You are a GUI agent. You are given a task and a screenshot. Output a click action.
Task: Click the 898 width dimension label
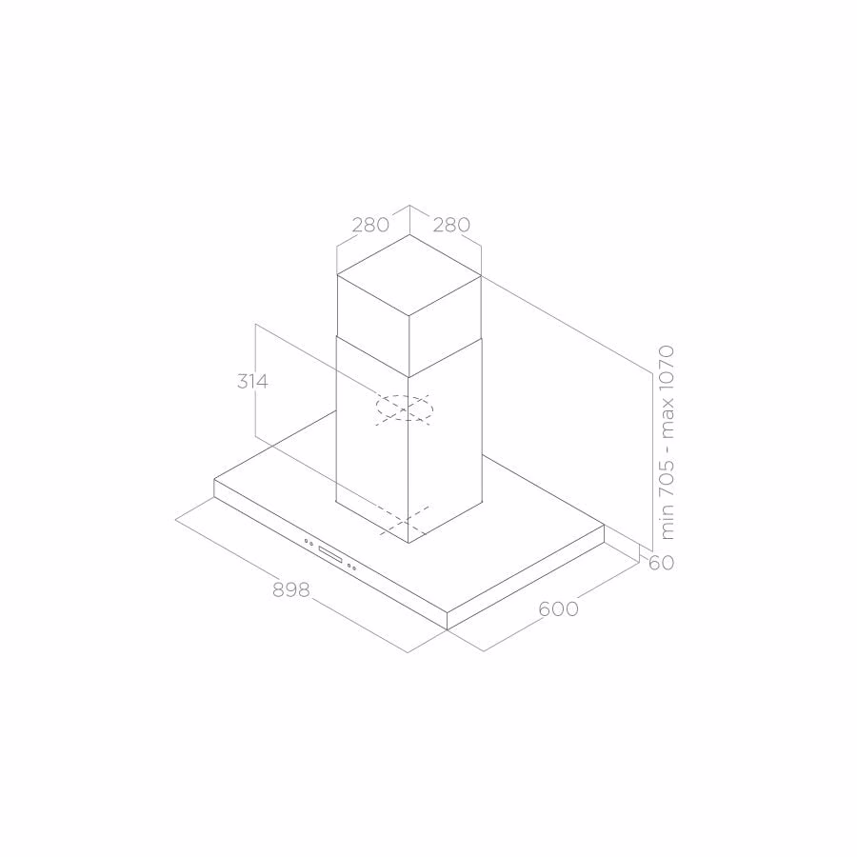point(290,589)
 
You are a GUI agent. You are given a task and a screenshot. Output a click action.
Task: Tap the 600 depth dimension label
point(558,608)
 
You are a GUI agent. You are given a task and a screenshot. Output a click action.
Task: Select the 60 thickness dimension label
point(661,563)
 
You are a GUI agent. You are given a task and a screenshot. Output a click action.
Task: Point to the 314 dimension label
point(252,382)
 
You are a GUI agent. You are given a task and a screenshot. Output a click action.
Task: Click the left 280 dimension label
point(370,225)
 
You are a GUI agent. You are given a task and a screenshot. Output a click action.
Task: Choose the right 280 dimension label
point(451,225)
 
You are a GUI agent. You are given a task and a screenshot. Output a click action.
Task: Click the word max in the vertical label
point(668,419)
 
